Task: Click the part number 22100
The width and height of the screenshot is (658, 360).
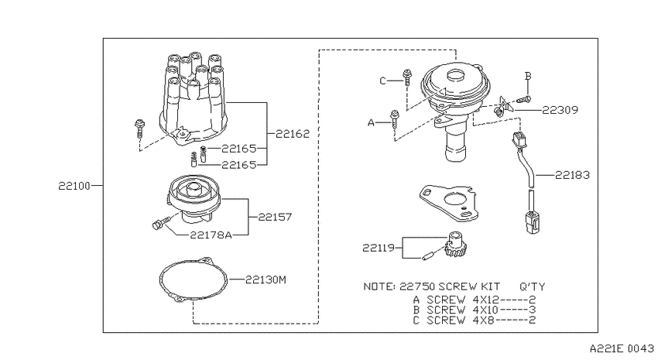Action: click(74, 186)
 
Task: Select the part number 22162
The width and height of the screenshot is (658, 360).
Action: click(293, 134)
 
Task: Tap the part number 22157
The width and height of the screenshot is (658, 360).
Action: click(275, 217)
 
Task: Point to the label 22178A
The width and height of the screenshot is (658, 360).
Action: click(211, 235)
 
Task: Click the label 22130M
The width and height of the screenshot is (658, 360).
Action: click(266, 279)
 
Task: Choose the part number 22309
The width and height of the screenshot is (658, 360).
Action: click(560, 110)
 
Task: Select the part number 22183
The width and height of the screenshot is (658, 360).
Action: click(572, 175)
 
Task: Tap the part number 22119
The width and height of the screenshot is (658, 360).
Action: click(379, 248)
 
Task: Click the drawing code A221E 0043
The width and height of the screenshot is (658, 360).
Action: click(622, 348)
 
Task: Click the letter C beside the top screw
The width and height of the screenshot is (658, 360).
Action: click(382, 81)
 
